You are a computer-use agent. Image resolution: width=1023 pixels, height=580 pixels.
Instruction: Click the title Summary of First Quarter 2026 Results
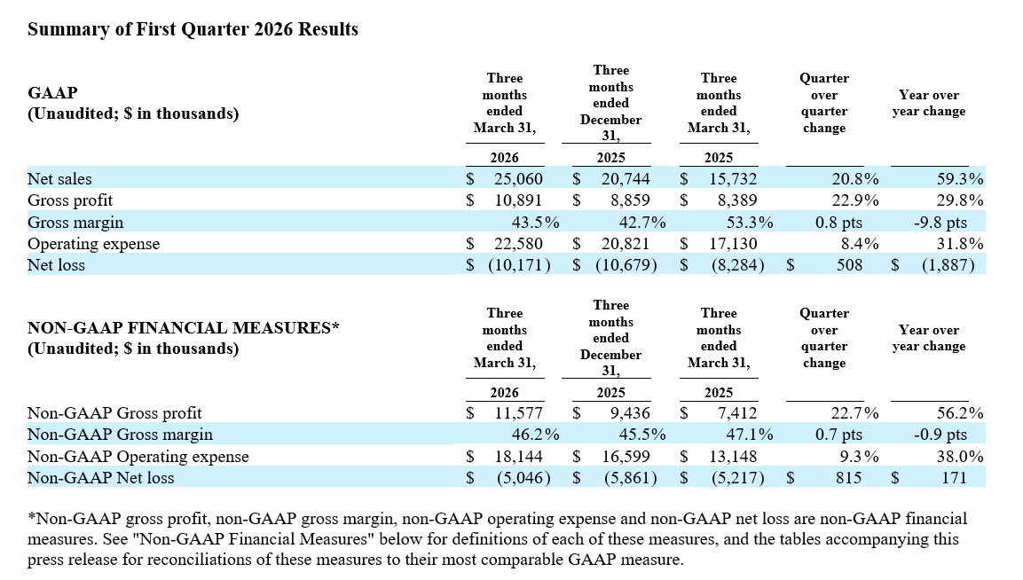(x=193, y=29)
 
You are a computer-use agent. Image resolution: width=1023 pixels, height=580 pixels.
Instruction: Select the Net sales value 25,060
(x=518, y=179)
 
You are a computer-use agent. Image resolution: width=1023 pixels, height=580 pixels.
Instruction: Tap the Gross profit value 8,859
(x=630, y=200)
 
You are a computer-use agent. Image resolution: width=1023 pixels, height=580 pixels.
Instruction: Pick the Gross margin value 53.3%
(x=750, y=223)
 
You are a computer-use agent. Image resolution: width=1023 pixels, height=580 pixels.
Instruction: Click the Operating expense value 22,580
(x=518, y=244)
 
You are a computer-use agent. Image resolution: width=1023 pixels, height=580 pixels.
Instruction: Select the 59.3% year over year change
(x=960, y=179)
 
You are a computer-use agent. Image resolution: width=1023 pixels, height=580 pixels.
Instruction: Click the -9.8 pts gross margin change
(x=940, y=223)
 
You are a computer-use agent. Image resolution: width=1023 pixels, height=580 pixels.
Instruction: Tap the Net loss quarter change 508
(x=849, y=265)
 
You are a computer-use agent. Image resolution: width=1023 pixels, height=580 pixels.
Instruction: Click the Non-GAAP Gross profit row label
(x=114, y=413)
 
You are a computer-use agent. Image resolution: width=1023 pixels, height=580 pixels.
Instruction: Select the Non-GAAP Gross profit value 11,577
(x=518, y=413)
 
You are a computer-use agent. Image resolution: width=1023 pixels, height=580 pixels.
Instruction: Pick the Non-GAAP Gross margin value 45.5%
(x=642, y=435)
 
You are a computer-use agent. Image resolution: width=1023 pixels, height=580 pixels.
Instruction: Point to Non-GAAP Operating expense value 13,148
(x=734, y=457)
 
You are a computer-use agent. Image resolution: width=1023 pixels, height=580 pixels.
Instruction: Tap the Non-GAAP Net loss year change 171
(x=954, y=478)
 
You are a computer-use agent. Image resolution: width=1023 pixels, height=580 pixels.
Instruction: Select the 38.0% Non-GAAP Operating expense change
(x=960, y=457)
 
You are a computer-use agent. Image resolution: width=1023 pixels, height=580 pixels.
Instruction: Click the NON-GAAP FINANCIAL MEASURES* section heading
(x=184, y=327)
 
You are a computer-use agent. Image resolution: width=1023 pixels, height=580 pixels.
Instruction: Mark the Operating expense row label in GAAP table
(x=93, y=244)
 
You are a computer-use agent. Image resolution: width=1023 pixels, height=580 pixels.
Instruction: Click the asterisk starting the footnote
(x=31, y=517)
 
